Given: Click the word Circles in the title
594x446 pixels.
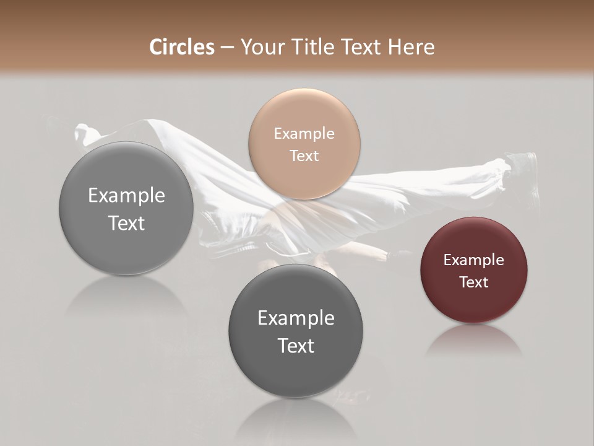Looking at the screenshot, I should pyautogui.click(x=182, y=47).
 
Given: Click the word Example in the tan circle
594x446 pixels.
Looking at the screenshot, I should pyautogui.click(x=304, y=133).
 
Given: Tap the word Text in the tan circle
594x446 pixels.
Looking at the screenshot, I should pyautogui.click(x=304, y=155).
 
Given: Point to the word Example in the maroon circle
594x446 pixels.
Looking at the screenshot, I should pyautogui.click(x=473, y=260).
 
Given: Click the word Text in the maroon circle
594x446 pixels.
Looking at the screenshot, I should pyautogui.click(x=473, y=282).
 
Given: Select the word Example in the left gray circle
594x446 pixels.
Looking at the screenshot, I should pyautogui.click(x=126, y=195).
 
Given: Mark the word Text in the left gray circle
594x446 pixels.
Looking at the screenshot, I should pyautogui.click(x=126, y=223).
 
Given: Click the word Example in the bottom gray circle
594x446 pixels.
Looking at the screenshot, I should pyautogui.click(x=296, y=318).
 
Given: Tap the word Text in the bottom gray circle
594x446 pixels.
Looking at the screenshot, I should pyautogui.click(x=296, y=346).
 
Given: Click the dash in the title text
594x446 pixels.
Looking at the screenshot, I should pyautogui.click(x=227, y=48).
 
